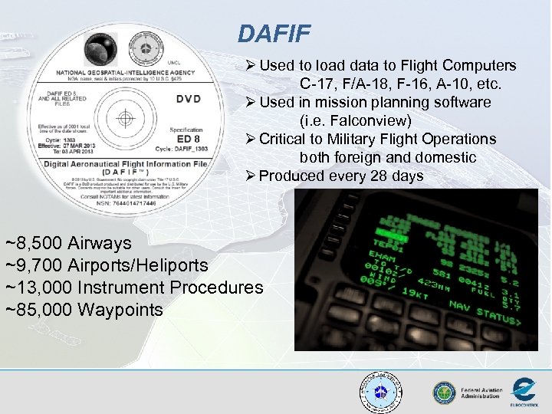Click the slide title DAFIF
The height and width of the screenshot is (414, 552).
(274, 33)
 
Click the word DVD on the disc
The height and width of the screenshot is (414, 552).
(189, 98)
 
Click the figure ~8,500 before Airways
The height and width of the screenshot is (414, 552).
(34, 244)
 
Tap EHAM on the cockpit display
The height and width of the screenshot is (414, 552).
(383, 255)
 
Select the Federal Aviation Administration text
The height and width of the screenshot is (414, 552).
(481, 393)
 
